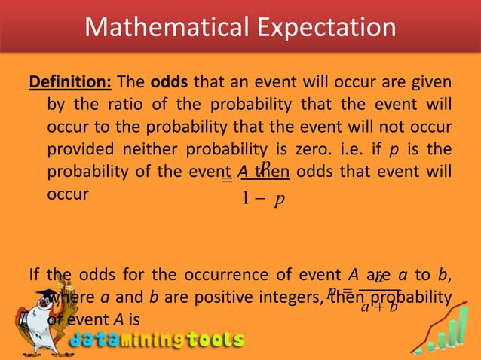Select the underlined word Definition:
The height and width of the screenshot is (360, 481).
[69, 81]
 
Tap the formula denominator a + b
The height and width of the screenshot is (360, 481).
[380, 307]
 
